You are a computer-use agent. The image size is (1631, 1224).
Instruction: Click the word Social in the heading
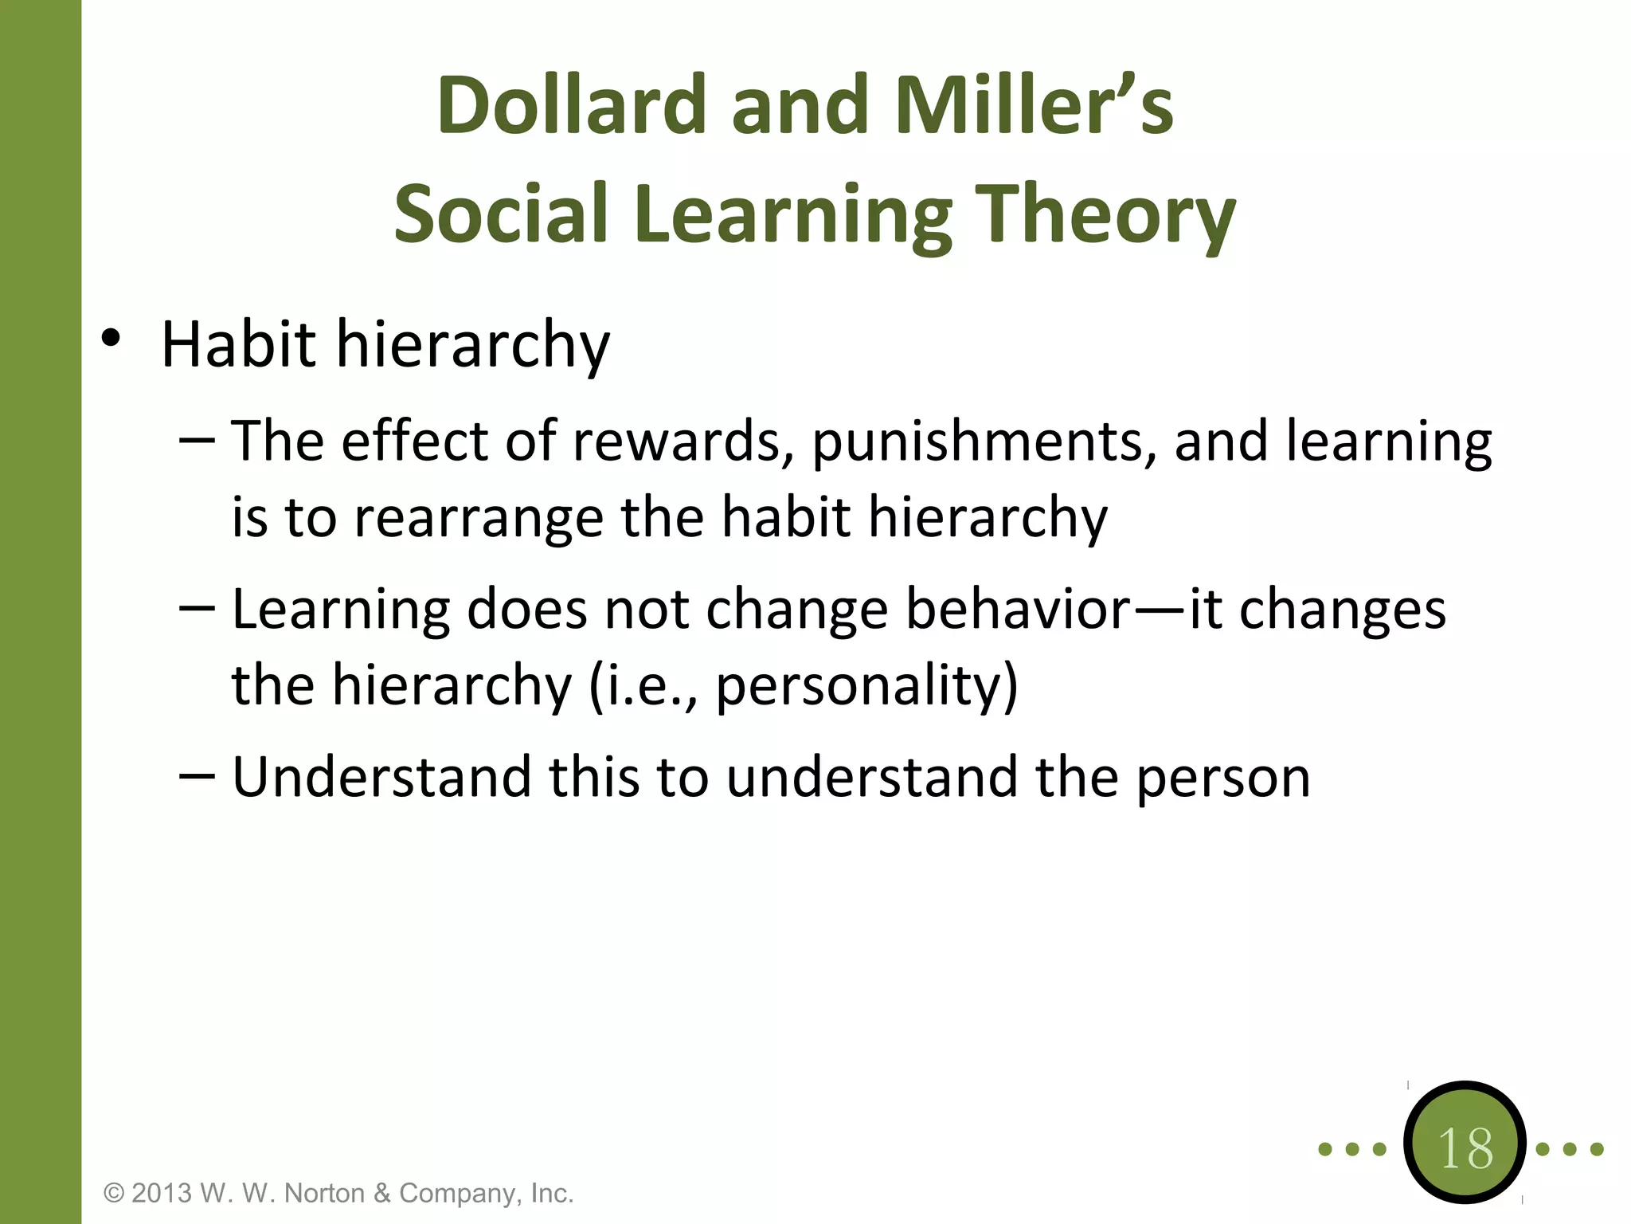point(501,214)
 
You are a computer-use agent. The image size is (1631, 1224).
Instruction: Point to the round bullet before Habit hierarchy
point(111,339)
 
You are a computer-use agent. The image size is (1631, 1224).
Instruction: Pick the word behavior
point(1019,610)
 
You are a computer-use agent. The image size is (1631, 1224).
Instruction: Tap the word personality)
point(866,687)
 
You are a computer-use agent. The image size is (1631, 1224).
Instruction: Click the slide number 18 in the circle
point(1465,1148)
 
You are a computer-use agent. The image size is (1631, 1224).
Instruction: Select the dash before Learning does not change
point(197,609)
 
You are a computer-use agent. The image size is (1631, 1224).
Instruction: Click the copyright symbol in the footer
point(115,1194)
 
